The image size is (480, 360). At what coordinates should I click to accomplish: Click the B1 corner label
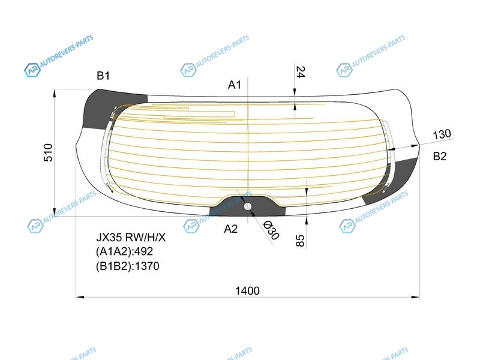coord(103,76)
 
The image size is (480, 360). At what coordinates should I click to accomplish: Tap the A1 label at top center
coord(235,85)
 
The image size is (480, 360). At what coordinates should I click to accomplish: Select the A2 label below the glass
coord(230,229)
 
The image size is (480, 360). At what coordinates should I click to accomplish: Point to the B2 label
coord(440,157)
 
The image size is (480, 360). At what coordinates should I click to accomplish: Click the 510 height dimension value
coord(49,152)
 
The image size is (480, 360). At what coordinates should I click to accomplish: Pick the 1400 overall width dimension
coord(247,290)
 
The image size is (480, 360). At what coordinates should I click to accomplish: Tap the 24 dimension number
coord(301,72)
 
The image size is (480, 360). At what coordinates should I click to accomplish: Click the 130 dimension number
coord(442,134)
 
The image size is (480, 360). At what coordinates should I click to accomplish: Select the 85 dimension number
coord(300,241)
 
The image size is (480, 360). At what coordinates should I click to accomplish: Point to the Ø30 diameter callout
coord(271,230)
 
